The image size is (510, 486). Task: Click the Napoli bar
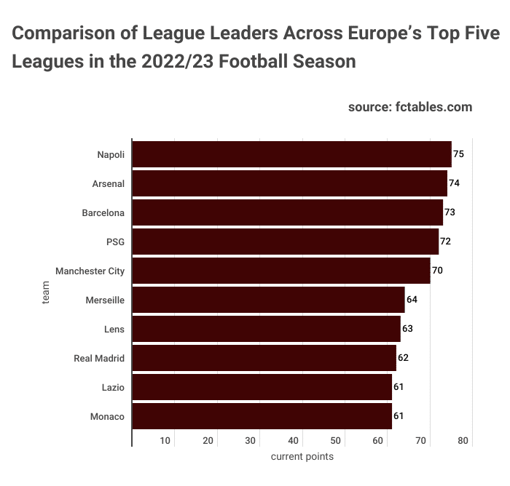[x=291, y=154]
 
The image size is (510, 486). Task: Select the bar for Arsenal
[x=289, y=183]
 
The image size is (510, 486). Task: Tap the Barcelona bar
[x=287, y=212]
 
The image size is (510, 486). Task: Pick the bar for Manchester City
[x=281, y=271]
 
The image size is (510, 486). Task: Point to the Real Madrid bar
[x=264, y=358]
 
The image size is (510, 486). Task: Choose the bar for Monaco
[x=262, y=416]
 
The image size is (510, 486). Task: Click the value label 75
[x=458, y=154]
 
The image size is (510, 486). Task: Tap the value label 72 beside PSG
[x=446, y=242]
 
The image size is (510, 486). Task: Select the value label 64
[x=412, y=300]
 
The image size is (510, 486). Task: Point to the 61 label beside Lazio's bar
[x=399, y=387]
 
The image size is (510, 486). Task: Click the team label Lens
[x=114, y=329]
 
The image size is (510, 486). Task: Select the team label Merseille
[x=105, y=300]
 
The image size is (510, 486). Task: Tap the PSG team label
[x=115, y=242]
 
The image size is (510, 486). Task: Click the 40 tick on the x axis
[x=294, y=441]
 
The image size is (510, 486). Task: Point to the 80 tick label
[x=464, y=441]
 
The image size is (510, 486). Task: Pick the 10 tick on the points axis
[x=165, y=441]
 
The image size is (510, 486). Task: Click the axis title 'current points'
[x=302, y=457]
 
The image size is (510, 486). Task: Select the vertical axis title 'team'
[x=45, y=297]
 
